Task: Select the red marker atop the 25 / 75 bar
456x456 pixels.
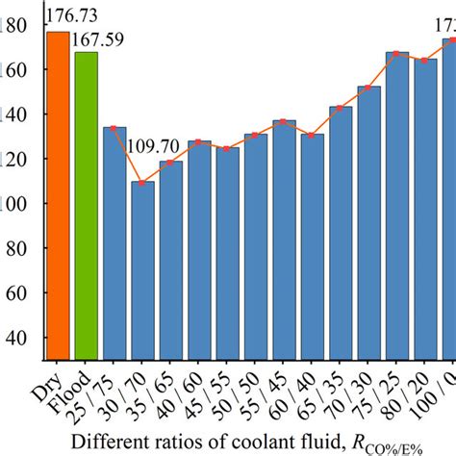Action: pos(114,128)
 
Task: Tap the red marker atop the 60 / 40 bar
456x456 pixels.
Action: pos(313,135)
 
